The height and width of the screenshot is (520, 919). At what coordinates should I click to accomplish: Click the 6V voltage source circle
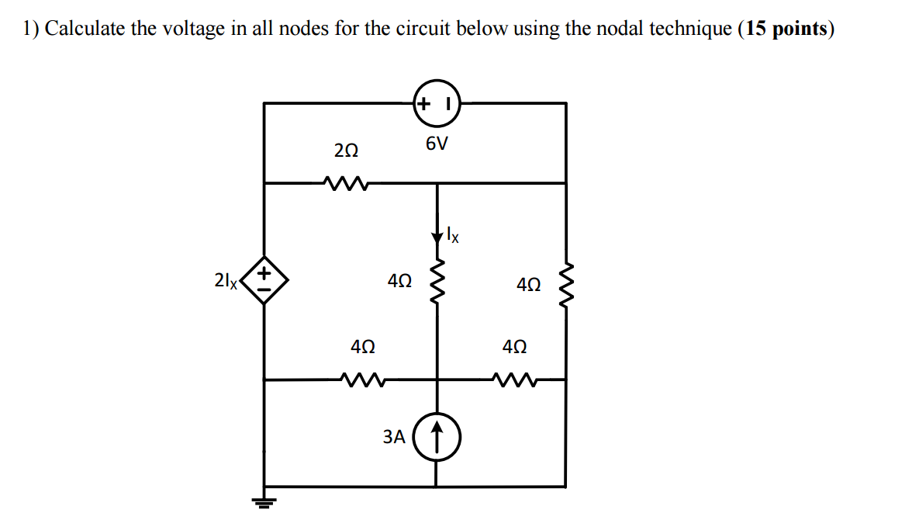coord(437,102)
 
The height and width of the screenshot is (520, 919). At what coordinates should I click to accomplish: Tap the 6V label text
coord(437,144)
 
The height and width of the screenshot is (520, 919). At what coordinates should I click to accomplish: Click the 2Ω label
coord(346,150)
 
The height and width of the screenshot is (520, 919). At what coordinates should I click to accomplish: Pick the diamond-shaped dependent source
coord(264,279)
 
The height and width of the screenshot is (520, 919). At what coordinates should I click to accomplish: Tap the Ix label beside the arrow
coord(453,234)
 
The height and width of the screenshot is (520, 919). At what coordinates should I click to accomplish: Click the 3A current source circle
coord(437,437)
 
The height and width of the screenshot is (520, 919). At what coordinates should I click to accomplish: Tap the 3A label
coord(394,437)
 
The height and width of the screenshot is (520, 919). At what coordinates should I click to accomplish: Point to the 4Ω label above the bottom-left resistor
coord(363,347)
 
